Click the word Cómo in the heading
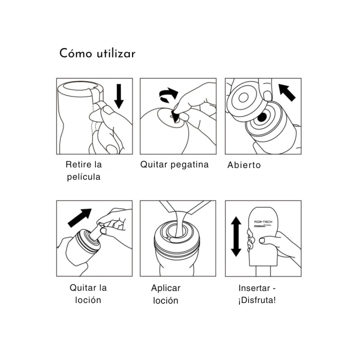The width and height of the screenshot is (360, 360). click(x=75, y=53)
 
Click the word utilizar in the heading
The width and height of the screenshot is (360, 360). click(x=116, y=53)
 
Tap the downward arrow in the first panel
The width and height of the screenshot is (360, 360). click(x=118, y=96)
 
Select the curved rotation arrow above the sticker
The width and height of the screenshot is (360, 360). click(x=168, y=94)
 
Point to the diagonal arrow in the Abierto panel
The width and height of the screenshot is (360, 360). click(x=287, y=92)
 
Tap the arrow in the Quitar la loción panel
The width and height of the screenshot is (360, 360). click(x=79, y=217)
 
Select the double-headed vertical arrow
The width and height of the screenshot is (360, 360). click(x=236, y=236)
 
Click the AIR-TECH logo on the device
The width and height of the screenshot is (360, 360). click(x=263, y=222)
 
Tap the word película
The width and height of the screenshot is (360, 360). click(x=83, y=177)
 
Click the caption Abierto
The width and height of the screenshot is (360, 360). click(x=244, y=165)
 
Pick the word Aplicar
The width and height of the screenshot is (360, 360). click(x=166, y=288)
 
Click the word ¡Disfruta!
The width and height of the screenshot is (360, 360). click(x=257, y=300)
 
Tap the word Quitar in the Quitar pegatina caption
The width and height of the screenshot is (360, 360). click(x=154, y=164)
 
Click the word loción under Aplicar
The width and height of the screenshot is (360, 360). click(x=165, y=300)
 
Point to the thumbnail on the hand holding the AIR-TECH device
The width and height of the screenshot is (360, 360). click(x=262, y=240)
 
